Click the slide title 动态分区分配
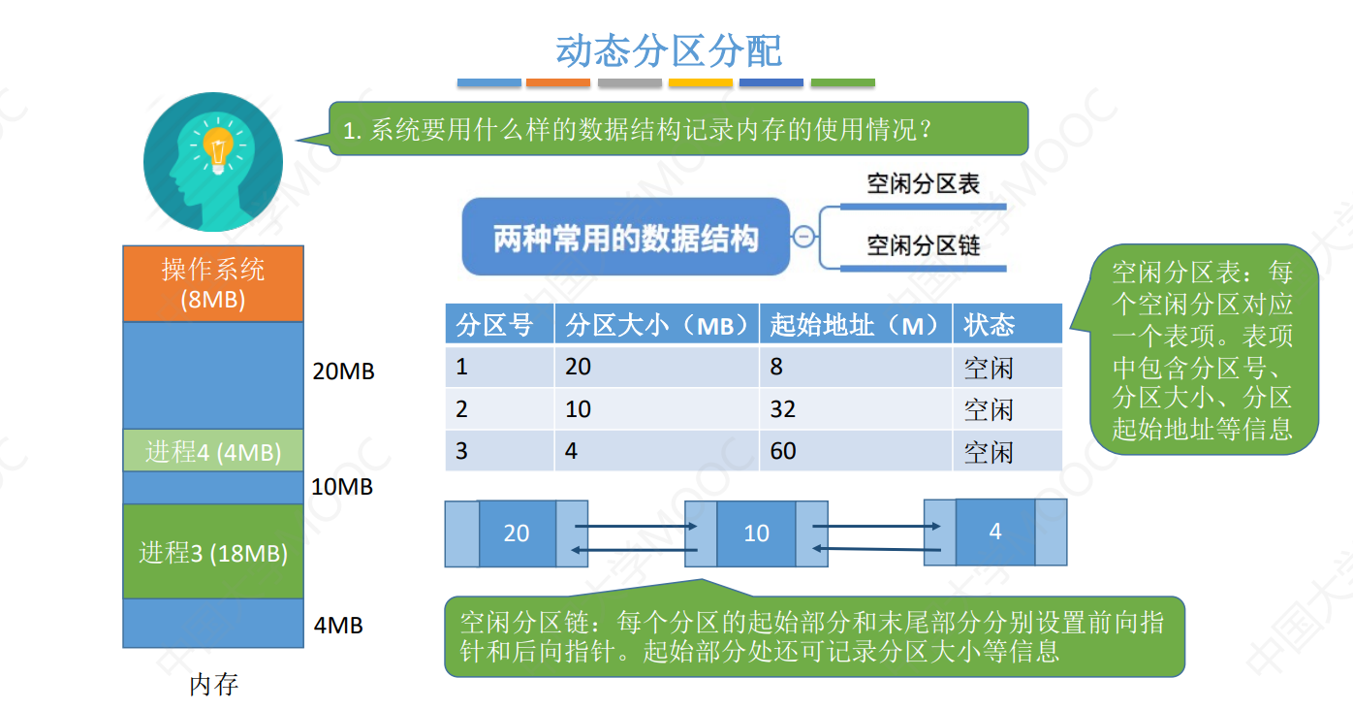[x=668, y=50]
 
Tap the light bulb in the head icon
[x=218, y=151]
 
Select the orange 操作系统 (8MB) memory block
[x=213, y=283]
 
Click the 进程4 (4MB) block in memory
[x=213, y=451]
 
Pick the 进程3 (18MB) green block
[x=213, y=552]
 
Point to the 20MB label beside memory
[x=343, y=371]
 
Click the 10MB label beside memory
[x=342, y=487]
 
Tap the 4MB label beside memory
[x=338, y=626]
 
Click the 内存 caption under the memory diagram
[x=213, y=685]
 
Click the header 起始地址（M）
[x=855, y=325]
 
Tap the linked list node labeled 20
[x=517, y=532]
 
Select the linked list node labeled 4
[x=995, y=532]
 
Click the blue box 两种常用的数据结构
[x=626, y=238]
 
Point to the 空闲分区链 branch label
[x=923, y=245]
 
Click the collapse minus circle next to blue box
[x=803, y=237]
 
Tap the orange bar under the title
[x=558, y=83]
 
